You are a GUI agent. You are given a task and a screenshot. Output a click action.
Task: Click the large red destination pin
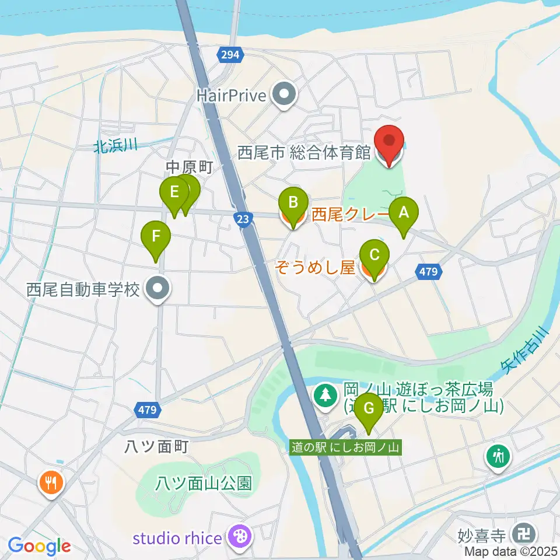click(x=390, y=143)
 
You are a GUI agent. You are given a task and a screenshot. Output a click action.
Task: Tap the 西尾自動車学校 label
click(x=83, y=289)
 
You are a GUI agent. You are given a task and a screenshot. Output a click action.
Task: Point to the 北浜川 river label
click(x=115, y=146)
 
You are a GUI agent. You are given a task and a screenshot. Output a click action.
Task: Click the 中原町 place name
click(x=190, y=167)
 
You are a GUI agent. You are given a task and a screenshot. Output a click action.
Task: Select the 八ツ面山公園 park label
click(x=204, y=483)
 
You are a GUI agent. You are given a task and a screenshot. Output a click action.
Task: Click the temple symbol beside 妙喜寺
click(x=520, y=533)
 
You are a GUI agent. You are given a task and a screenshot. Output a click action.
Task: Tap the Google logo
click(x=40, y=546)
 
